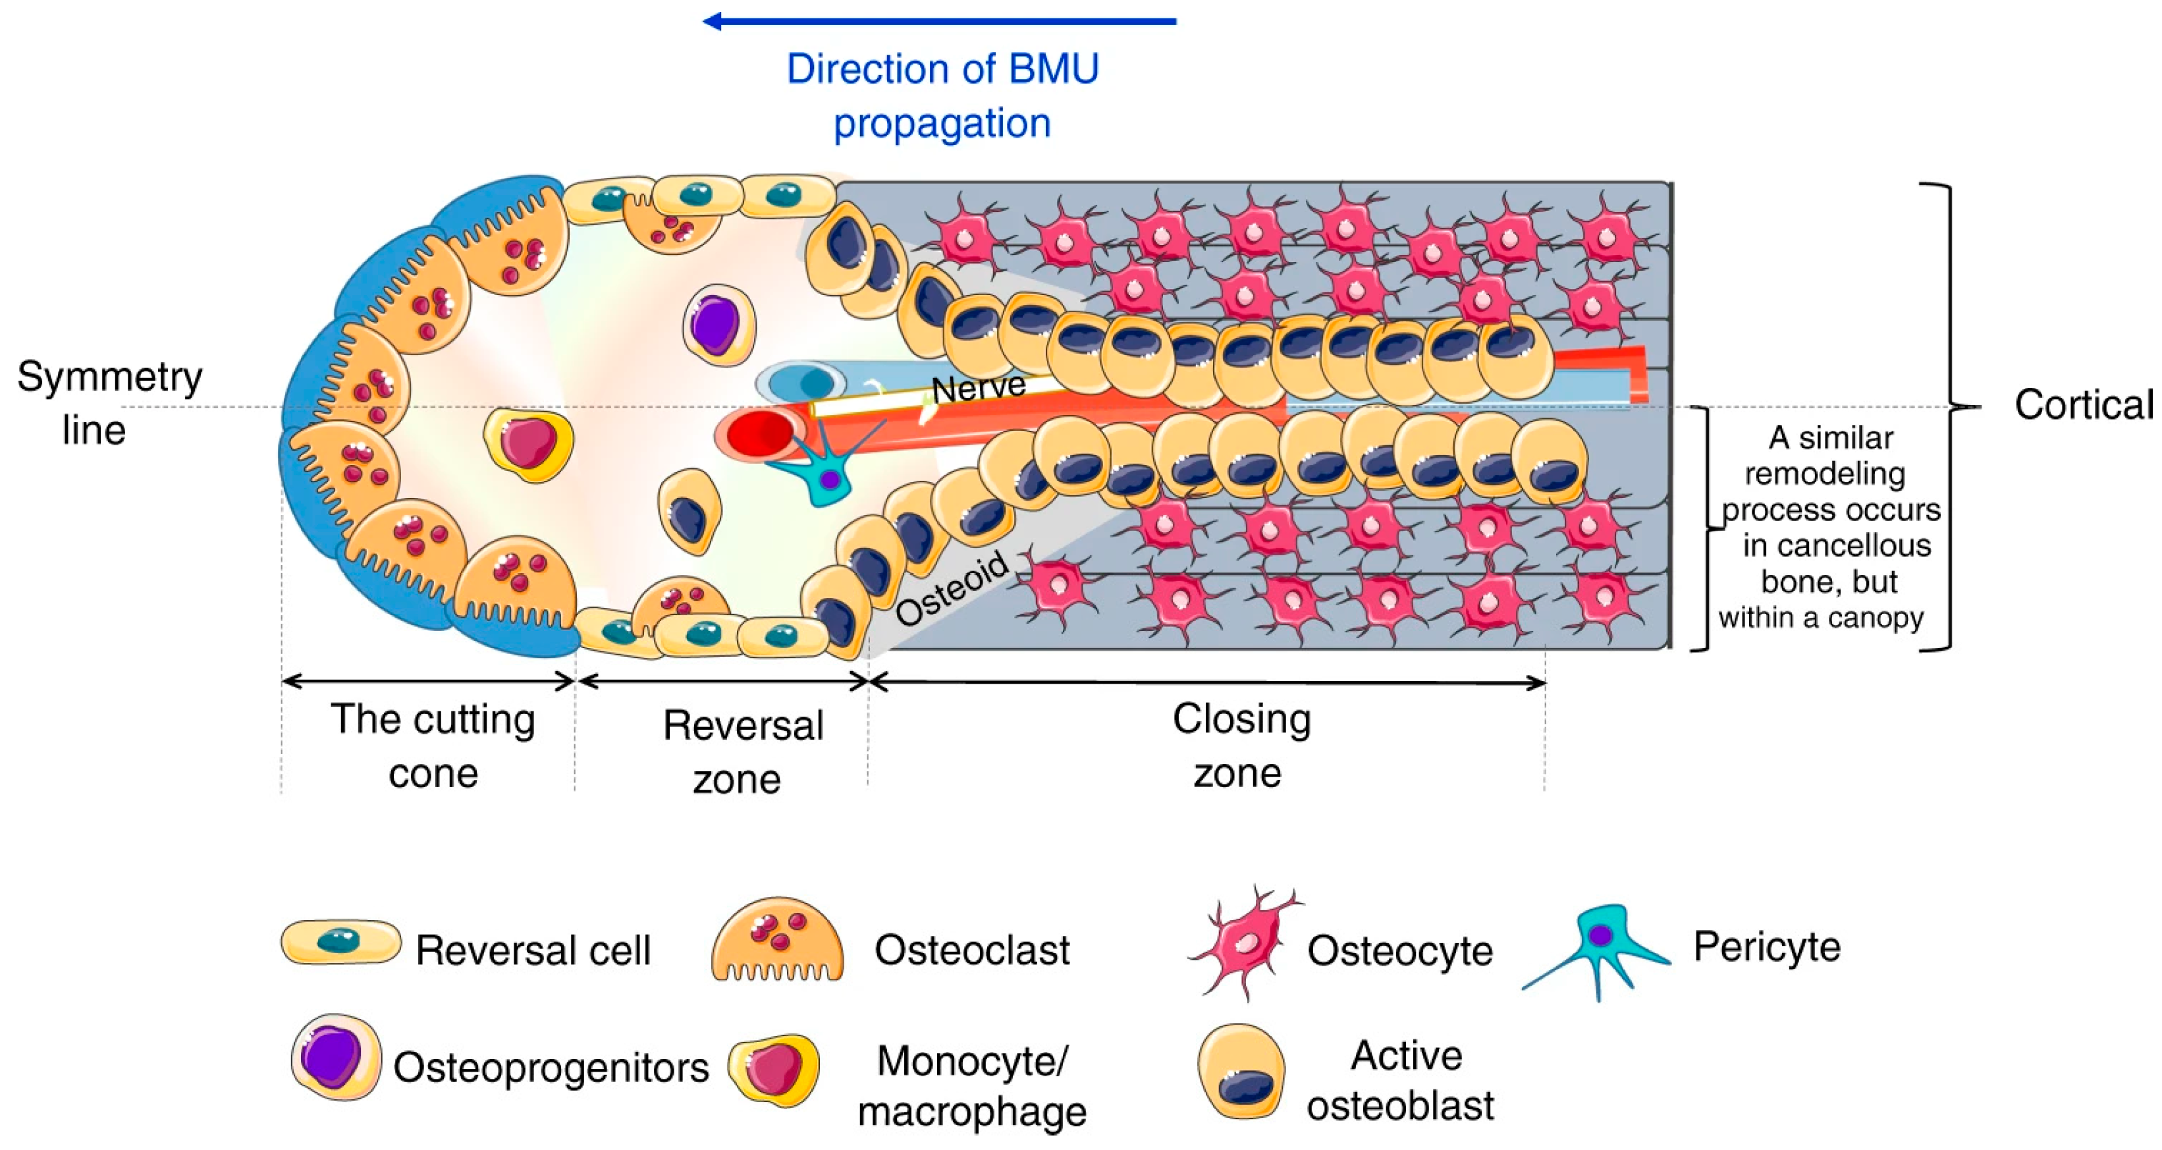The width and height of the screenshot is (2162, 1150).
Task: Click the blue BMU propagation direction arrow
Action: tap(939, 21)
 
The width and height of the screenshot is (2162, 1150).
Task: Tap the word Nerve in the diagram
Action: tap(979, 388)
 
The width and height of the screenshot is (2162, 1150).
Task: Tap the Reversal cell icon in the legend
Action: tap(340, 942)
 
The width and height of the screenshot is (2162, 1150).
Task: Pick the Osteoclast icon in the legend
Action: tap(777, 940)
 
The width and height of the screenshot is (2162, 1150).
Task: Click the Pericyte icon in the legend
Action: tap(1599, 945)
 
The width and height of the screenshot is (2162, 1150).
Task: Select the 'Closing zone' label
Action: tap(1241, 746)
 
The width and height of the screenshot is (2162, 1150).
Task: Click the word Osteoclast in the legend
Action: tap(972, 950)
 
